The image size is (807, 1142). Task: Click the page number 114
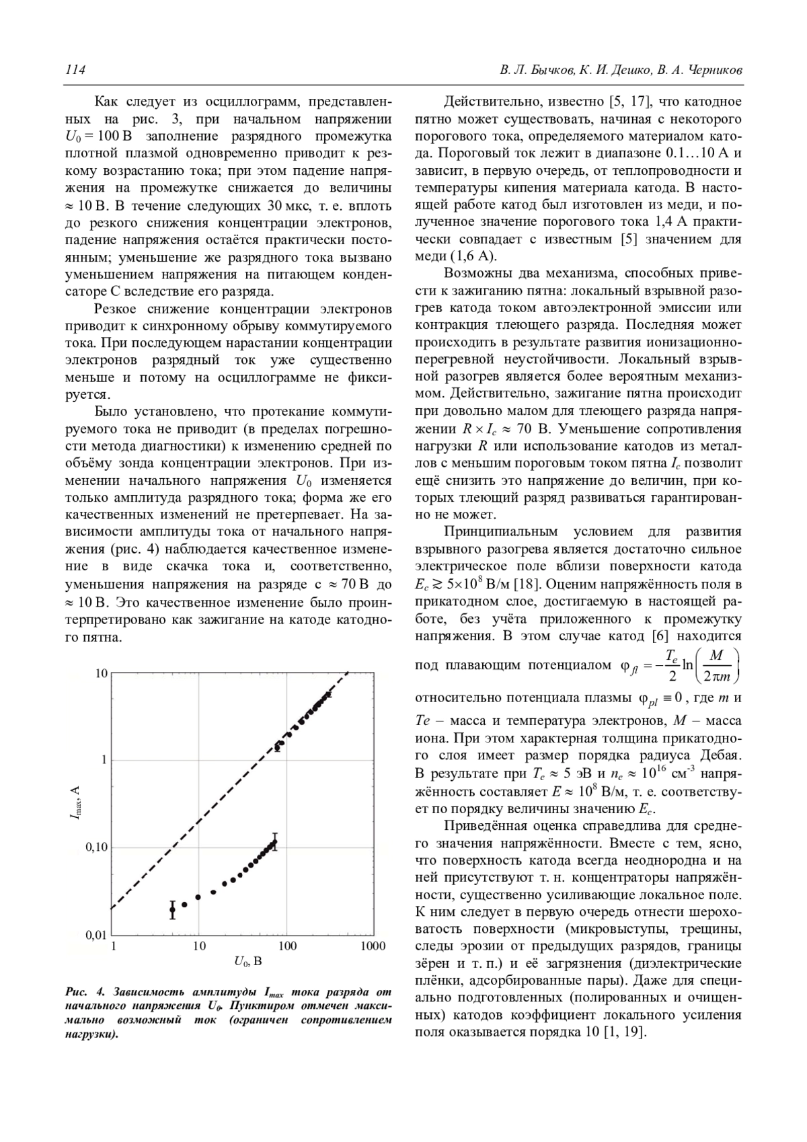[75, 70]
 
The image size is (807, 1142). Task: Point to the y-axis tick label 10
[101, 673]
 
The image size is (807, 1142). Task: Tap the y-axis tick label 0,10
[97, 847]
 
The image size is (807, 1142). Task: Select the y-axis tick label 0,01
[97, 936]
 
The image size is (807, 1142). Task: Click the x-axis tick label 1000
[373, 946]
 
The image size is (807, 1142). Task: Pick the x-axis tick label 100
[287, 946]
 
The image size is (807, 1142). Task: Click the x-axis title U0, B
[243, 962]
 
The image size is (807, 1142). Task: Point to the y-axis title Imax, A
[76, 804]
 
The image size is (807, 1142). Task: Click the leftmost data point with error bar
[172, 909]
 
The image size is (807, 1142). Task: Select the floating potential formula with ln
[679, 665]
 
